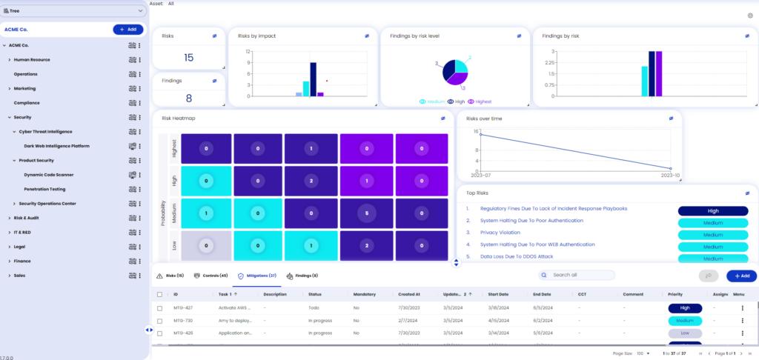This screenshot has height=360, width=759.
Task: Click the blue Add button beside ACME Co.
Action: pyautogui.click(x=128, y=30)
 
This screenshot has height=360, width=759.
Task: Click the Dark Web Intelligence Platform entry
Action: pyautogui.click(x=56, y=146)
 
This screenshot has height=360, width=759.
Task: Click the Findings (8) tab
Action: pyautogui.click(x=302, y=276)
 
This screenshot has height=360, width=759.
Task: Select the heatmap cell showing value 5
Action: pyautogui.click(x=366, y=213)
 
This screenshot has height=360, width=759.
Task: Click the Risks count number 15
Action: pyautogui.click(x=188, y=58)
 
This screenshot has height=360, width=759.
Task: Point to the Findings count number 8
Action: pyautogui.click(x=188, y=98)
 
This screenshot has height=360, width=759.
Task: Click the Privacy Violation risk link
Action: pyautogui.click(x=500, y=233)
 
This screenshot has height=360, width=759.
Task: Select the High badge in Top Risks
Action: pyautogui.click(x=713, y=211)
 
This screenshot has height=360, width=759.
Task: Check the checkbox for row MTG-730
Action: pyautogui.click(x=160, y=321)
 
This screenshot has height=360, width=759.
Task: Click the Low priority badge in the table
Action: pyautogui.click(x=684, y=333)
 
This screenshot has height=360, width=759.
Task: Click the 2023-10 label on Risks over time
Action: pyautogui.click(x=669, y=176)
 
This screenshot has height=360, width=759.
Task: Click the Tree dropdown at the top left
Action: pyautogui.click(x=74, y=10)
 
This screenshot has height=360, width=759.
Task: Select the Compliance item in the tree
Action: pyautogui.click(x=27, y=103)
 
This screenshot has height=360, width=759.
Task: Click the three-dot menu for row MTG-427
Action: pyautogui.click(x=742, y=307)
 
